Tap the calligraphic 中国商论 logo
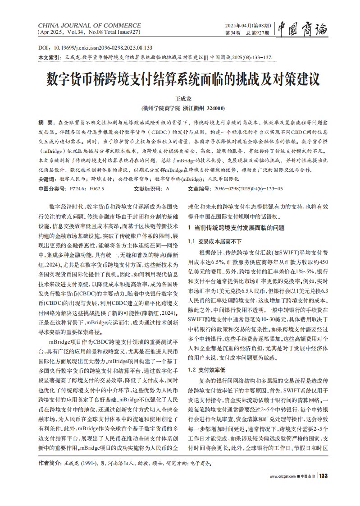click(x=299, y=28)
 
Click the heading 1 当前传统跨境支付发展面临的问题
click(x=239, y=228)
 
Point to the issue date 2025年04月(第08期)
click(x=247, y=25)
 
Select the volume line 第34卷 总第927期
click(x=247, y=33)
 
